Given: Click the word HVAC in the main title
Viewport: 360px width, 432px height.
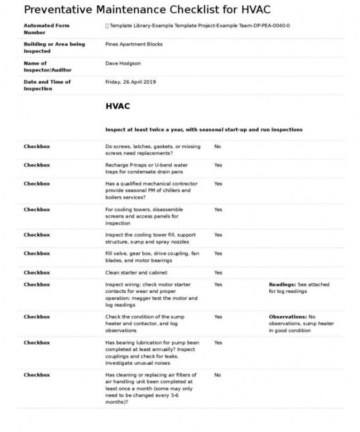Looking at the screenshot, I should click(x=252, y=9).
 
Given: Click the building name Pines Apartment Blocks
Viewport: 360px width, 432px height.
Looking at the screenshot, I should click(x=134, y=44).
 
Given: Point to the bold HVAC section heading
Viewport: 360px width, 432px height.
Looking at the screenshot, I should click(x=117, y=106).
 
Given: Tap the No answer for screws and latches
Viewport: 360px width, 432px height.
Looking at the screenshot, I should click(x=218, y=146).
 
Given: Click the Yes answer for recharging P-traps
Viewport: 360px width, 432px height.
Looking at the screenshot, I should click(x=218, y=165).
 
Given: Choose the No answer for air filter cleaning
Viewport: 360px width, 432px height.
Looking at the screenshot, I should click(x=218, y=375).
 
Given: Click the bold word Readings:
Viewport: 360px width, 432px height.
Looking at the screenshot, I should click(x=282, y=285).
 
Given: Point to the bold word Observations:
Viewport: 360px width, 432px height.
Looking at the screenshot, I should click(x=287, y=317).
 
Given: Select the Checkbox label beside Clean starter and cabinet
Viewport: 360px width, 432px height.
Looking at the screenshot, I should click(x=37, y=273).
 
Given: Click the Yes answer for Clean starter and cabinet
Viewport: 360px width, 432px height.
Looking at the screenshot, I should click(x=218, y=273).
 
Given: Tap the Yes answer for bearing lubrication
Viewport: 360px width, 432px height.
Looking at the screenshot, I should click(x=218, y=342).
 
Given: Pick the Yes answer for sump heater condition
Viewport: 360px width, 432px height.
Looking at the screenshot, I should click(x=218, y=317).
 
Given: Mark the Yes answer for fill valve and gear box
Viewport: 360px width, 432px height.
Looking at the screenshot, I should click(x=218, y=253).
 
